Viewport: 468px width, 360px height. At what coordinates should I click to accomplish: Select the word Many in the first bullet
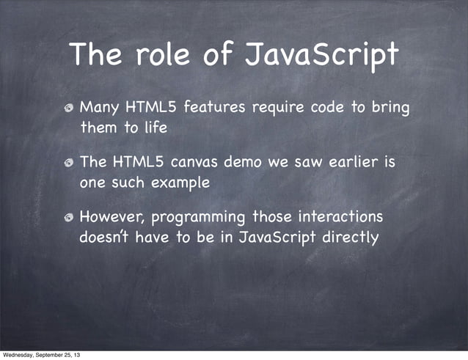coord(99,109)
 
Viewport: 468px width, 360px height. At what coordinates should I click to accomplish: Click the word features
coord(215,109)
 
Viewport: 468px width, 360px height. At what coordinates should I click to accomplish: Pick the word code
coord(328,109)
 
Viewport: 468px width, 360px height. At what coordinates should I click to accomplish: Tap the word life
coord(155,128)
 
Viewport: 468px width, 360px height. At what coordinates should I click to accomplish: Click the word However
coord(111,218)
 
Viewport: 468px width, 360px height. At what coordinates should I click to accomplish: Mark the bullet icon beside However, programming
coord(68,218)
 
